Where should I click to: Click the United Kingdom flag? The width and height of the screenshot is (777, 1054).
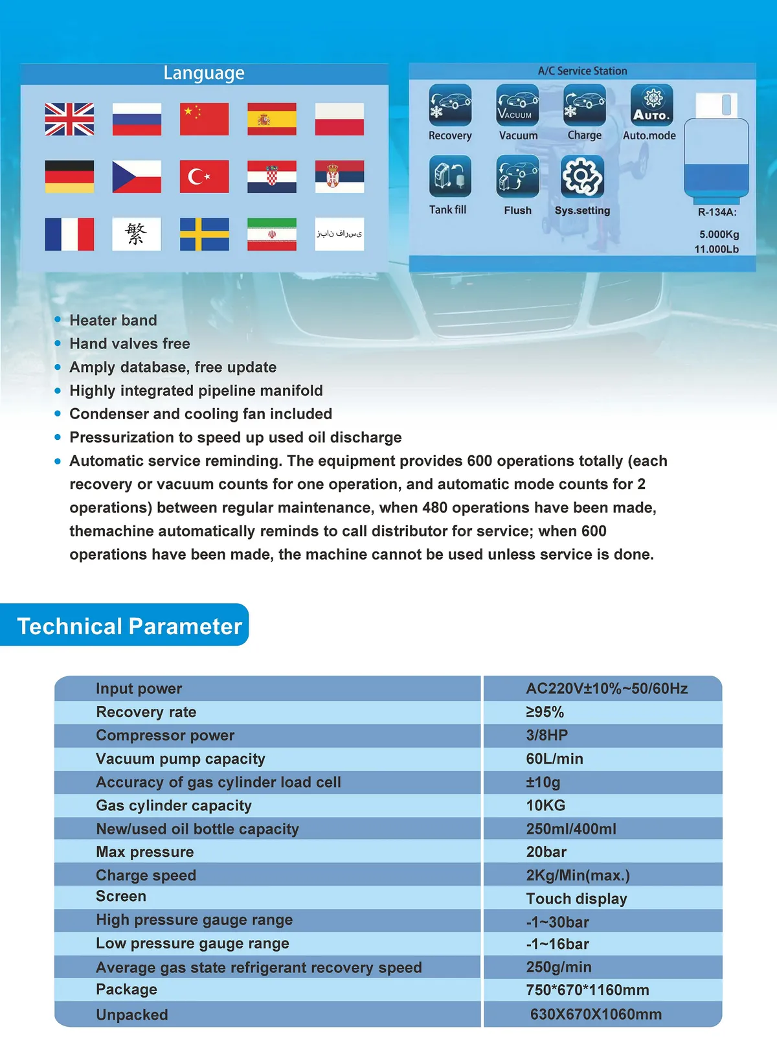[69, 119]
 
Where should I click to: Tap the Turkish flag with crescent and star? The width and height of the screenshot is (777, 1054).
[204, 176]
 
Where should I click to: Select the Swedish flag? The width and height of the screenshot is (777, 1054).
[204, 234]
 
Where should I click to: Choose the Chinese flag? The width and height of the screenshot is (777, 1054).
[204, 119]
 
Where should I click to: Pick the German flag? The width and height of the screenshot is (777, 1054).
[69, 176]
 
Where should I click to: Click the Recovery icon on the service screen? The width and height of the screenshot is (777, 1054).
[450, 105]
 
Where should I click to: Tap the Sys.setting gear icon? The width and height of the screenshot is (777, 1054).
[582, 176]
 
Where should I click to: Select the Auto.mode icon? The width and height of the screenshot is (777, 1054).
[652, 105]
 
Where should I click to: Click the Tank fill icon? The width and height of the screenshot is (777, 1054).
[450, 176]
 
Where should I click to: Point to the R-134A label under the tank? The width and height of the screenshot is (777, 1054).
[717, 212]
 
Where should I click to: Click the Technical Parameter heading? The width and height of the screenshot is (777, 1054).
[129, 626]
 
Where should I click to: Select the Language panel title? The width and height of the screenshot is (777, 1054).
[204, 73]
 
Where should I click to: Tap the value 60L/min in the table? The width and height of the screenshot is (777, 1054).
[554, 759]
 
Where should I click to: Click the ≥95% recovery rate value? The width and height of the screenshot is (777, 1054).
[545, 712]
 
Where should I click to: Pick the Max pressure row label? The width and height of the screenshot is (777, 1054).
[145, 852]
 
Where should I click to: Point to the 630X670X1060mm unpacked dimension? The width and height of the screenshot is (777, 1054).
[596, 1014]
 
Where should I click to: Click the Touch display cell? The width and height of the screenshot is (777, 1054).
[576, 899]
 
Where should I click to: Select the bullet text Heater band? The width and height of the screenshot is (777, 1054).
[113, 320]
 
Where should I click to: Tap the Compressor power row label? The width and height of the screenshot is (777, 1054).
[165, 735]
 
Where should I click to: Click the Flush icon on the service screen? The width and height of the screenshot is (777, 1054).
[517, 176]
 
